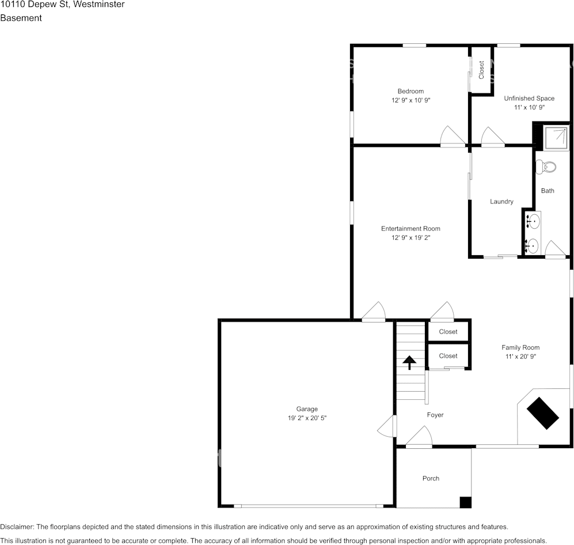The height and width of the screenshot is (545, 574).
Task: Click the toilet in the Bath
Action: click(545, 167)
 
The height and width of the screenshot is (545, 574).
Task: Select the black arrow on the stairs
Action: click(409, 362)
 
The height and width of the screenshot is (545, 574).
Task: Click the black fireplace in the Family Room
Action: click(542, 413)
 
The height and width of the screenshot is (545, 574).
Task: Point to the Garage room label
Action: click(307, 409)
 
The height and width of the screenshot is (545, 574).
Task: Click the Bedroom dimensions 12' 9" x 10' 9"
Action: click(410, 100)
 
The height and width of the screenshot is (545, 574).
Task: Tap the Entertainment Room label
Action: click(410, 229)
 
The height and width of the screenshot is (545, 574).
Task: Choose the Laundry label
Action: click(501, 202)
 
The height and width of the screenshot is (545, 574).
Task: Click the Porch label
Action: click(431, 478)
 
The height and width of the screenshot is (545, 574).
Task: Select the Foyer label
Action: click(435, 415)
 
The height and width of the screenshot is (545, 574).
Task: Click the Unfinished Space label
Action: click(529, 98)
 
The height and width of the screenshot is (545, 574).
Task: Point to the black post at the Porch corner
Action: click(465, 502)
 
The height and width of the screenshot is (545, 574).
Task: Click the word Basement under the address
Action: click(21, 18)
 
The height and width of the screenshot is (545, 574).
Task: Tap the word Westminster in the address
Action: click(99, 5)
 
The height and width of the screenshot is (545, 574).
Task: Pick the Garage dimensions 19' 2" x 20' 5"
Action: click(307, 418)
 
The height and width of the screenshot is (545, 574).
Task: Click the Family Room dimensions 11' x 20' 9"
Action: click(520, 357)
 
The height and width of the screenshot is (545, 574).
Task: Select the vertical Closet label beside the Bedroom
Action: click(481, 70)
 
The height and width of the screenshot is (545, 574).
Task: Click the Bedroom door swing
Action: click(453, 136)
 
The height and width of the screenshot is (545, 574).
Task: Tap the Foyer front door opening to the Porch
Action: click(419, 437)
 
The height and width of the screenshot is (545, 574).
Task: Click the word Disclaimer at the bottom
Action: click(17, 527)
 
